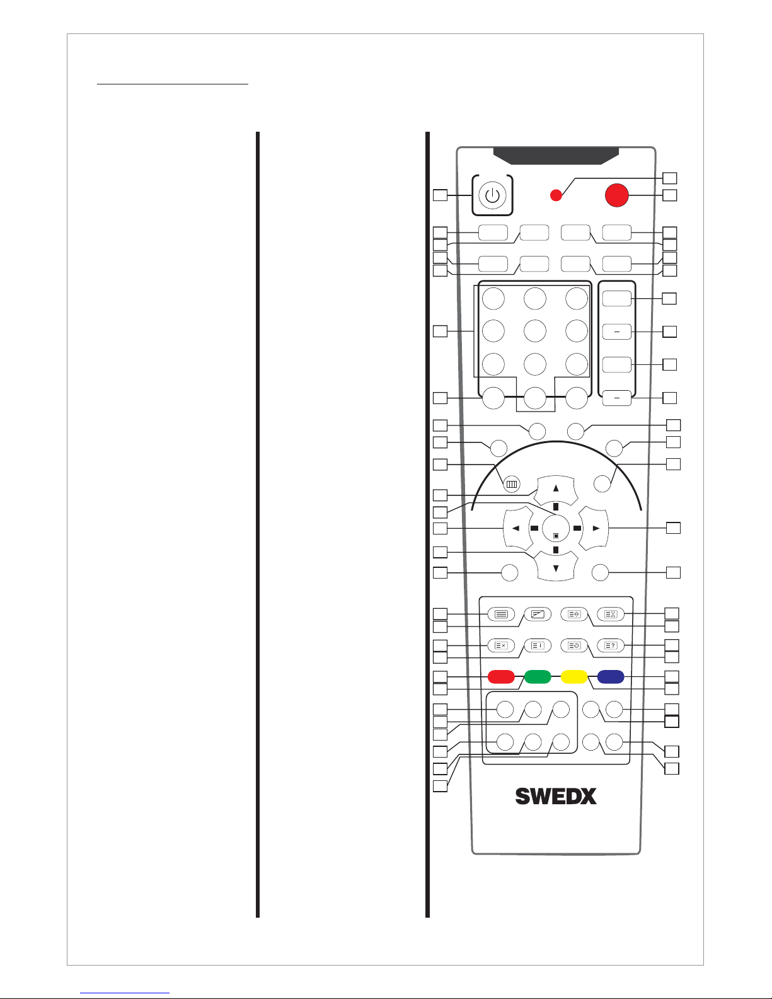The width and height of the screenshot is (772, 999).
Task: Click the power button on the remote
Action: pyautogui.click(x=492, y=195)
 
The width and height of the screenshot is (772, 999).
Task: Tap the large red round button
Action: pyautogui.click(x=617, y=195)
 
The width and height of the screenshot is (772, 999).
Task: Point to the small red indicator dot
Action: pyautogui.click(x=556, y=195)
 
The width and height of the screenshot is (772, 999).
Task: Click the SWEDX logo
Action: pyautogui.click(x=556, y=796)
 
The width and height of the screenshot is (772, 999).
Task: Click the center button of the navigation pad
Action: pyautogui.click(x=556, y=528)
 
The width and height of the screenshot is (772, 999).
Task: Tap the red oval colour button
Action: pyautogui.click(x=501, y=677)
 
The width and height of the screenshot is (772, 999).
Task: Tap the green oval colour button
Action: pyautogui.click(x=538, y=677)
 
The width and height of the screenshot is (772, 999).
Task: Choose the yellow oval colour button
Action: pyautogui.click(x=574, y=677)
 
